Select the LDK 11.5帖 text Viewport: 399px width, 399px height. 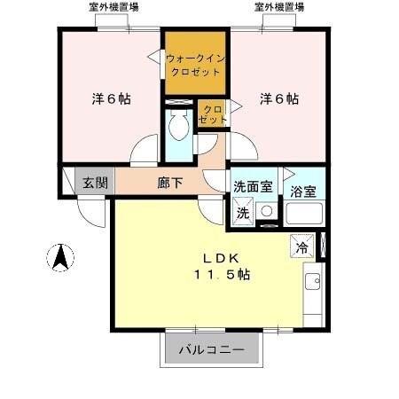tap(215, 266)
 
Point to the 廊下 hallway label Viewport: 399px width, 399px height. tap(170, 184)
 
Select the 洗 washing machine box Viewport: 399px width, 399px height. tap(242, 214)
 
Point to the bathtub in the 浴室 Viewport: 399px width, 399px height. tap(302, 214)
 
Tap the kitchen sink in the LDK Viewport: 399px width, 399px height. tap(312, 283)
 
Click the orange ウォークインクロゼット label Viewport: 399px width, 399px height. tap(196, 64)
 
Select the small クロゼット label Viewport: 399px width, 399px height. tap(213, 113)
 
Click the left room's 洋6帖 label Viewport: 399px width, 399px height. tap(111, 99)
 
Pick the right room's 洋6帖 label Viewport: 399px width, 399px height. tap(278, 99)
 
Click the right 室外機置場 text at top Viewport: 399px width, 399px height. tap(278, 7)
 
